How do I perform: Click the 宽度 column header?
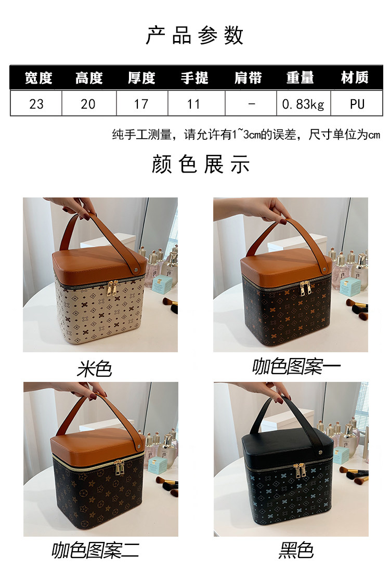click(x=38, y=77)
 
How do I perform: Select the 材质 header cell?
click(x=355, y=77)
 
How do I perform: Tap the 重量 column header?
click(x=300, y=77)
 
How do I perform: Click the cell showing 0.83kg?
click(x=303, y=104)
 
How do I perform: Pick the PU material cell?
click(x=357, y=104)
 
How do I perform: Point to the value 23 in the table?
click(x=36, y=104)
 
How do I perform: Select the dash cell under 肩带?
click(x=252, y=104)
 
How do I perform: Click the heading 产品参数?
click(x=194, y=35)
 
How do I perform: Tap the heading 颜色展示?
click(x=201, y=164)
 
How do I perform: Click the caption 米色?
click(x=94, y=369)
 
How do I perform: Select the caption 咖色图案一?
click(x=296, y=367)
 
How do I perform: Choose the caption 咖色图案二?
click(x=96, y=550)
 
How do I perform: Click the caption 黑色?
click(x=296, y=550)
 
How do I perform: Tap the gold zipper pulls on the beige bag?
click(x=113, y=288)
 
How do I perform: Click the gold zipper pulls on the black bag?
click(x=299, y=470)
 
